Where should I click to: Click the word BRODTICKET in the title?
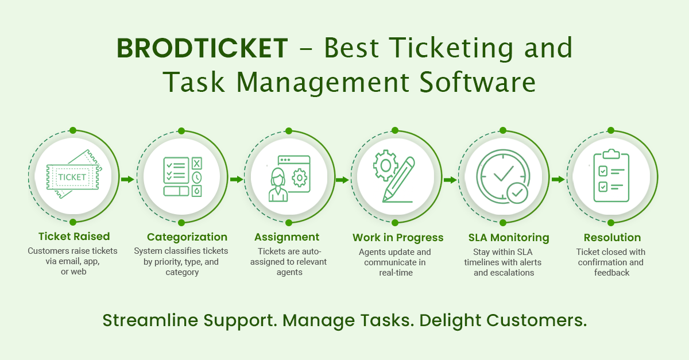tap(202, 48)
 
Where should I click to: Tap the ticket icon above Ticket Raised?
tap(73, 176)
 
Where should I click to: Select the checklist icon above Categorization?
tap(181, 176)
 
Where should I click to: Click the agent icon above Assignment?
tap(289, 177)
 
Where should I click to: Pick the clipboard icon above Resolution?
tap(611, 176)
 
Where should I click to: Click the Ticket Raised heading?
tap(74, 237)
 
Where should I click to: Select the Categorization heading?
tap(187, 237)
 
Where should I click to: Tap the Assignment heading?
tap(287, 237)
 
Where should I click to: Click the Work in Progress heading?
tap(398, 238)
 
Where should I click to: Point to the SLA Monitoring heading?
tap(509, 238)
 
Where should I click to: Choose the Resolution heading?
tap(612, 238)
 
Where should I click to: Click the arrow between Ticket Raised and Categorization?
tap(127, 180)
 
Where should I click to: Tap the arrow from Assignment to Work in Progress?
tap(342, 180)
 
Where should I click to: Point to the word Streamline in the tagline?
tap(145, 320)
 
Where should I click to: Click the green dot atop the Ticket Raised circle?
tap(73, 130)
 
